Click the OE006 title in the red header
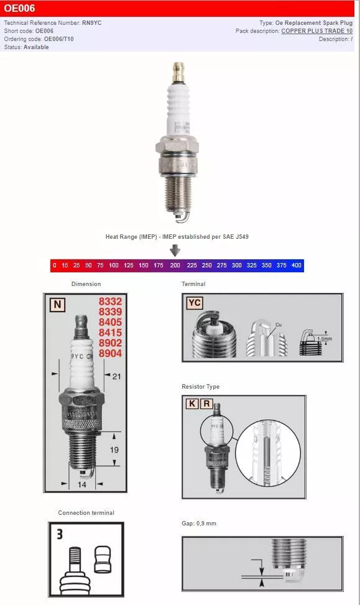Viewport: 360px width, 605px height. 19,9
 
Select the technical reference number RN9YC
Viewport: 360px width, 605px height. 91,22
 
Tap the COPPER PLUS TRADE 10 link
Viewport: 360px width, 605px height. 316,30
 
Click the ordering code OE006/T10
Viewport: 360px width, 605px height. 58,39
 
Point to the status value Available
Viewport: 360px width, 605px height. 36,47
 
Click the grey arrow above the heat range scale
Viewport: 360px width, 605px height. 175,251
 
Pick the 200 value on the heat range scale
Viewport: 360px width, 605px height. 175,266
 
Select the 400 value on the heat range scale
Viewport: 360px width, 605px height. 296,266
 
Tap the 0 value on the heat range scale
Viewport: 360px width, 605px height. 54,266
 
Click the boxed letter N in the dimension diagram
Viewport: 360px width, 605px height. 58,304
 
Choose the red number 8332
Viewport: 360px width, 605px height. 110,301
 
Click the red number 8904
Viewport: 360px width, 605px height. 110,354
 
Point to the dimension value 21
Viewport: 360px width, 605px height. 116,376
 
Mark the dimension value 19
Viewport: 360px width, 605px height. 114,449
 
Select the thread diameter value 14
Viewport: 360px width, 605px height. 82,484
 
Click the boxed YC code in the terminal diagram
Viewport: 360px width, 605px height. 195,303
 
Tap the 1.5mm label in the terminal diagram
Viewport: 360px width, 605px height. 325,339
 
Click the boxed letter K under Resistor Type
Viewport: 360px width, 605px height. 193,403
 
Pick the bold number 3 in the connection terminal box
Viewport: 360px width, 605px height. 60,533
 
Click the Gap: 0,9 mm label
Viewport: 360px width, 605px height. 199,524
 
